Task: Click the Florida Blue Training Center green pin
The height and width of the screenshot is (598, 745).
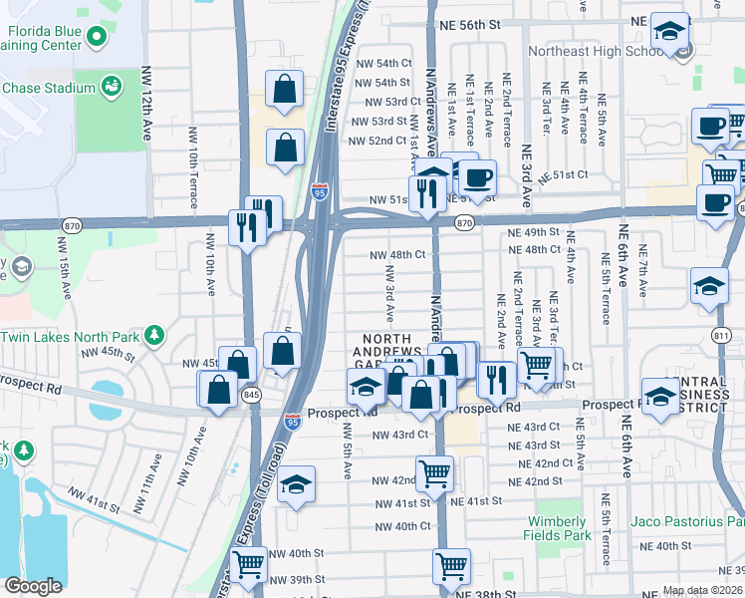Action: [x=97, y=39]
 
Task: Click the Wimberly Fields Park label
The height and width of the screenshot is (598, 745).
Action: [x=557, y=528]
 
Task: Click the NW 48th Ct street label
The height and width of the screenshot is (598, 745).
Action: [x=397, y=255]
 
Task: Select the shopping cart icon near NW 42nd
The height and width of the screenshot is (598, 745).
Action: [x=434, y=472]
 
